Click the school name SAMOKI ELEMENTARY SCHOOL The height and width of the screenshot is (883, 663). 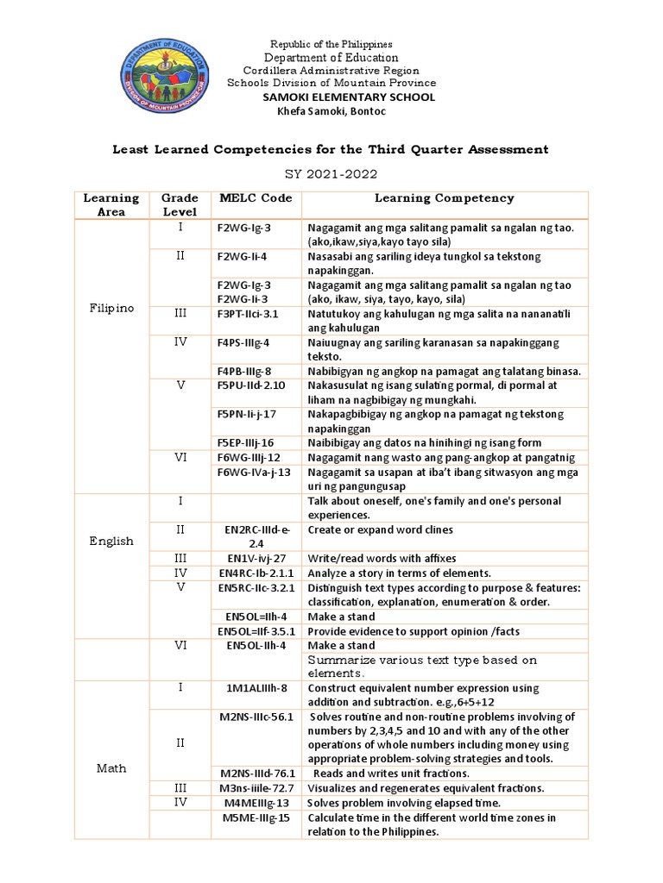[x=349, y=97]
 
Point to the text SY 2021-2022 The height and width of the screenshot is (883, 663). [x=331, y=173]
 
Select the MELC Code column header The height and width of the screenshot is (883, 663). [x=256, y=198]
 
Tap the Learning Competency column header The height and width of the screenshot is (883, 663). [x=444, y=198]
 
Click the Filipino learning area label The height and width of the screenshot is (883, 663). [x=112, y=308]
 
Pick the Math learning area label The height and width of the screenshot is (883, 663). [x=112, y=767]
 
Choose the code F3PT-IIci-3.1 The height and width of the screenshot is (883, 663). [x=248, y=315]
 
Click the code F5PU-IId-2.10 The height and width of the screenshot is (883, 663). [x=250, y=385]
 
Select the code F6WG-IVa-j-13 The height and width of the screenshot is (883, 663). [x=254, y=472]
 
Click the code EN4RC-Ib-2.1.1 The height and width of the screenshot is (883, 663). [x=256, y=573]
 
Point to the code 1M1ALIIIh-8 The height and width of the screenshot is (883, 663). [x=254, y=688]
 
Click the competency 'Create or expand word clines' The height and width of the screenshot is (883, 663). [x=380, y=529]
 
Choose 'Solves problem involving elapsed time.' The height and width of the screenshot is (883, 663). [x=403, y=803]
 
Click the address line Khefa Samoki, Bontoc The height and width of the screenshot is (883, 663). [x=331, y=112]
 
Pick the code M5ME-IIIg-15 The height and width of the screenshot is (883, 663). [x=254, y=817]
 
